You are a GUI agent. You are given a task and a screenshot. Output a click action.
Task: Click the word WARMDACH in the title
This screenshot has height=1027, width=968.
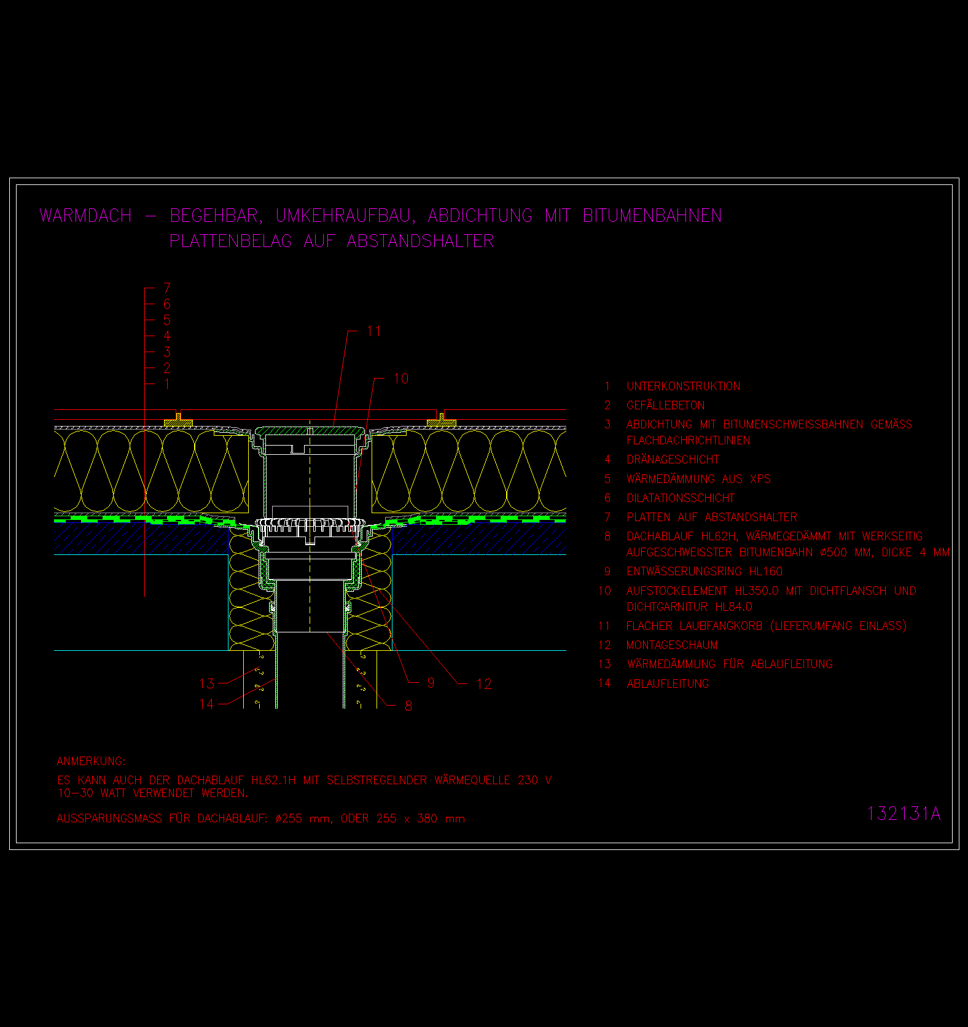pyautogui.click(x=85, y=216)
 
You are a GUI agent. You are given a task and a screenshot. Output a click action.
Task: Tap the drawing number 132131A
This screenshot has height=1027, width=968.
pyautogui.click(x=904, y=814)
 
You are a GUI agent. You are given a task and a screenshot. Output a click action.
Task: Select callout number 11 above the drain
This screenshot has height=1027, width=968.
pyautogui.click(x=374, y=332)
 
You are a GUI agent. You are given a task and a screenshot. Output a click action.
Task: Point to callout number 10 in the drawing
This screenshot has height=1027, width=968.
pyautogui.click(x=401, y=379)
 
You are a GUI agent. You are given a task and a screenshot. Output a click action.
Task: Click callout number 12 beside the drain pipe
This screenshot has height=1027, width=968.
pyautogui.click(x=484, y=684)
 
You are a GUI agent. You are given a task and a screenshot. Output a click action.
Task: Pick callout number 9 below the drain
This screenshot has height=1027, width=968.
pyautogui.click(x=431, y=683)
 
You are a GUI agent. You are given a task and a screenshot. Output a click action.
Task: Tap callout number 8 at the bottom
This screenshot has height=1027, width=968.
pyautogui.click(x=408, y=706)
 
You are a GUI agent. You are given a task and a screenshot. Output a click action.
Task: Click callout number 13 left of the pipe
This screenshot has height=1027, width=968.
pyautogui.click(x=207, y=683)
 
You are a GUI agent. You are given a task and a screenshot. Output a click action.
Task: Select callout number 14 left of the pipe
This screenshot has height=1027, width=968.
pyautogui.click(x=207, y=704)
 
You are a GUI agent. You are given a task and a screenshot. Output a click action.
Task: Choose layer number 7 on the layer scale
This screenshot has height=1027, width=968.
pyautogui.click(x=167, y=288)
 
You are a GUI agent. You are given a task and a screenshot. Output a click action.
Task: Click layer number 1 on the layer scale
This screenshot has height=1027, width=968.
pyautogui.click(x=167, y=384)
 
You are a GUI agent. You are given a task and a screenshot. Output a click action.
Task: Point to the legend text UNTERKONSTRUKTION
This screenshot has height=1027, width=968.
pyautogui.click(x=684, y=387)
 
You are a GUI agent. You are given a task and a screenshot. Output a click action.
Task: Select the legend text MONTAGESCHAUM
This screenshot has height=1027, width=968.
pyautogui.click(x=672, y=645)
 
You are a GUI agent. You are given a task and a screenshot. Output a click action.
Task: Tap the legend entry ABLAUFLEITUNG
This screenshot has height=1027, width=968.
pyautogui.click(x=668, y=683)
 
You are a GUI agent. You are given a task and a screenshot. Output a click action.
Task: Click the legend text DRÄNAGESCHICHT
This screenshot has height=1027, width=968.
pyautogui.click(x=673, y=460)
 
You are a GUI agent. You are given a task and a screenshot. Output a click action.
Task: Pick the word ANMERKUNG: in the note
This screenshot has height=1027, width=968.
pyautogui.click(x=91, y=761)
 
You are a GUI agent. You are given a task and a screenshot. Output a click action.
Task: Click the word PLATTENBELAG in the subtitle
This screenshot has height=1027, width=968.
pyautogui.click(x=231, y=241)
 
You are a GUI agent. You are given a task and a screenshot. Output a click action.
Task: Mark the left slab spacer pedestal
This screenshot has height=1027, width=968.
pyautogui.click(x=178, y=421)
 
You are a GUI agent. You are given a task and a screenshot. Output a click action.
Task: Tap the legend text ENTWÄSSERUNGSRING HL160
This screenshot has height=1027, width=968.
pyautogui.click(x=705, y=572)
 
